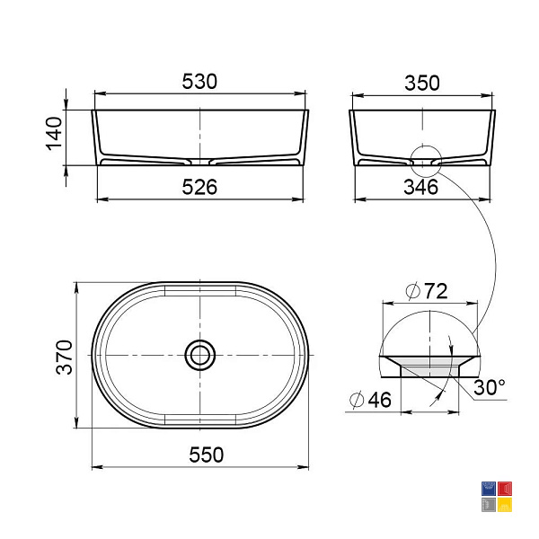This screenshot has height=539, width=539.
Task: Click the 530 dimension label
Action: click(x=199, y=82)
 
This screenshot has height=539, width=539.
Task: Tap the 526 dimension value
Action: click(x=199, y=188)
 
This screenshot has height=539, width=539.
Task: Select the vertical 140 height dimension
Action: click(x=54, y=134)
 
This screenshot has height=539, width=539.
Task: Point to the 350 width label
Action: click(x=422, y=84)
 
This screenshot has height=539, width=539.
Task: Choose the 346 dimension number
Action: click(x=421, y=188)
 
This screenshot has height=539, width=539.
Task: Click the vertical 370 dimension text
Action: click(x=65, y=357)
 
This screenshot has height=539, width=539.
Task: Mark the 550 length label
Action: click(x=207, y=455)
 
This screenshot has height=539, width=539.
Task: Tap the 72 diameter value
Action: click(x=436, y=291)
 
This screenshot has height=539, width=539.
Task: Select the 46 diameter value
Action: click(x=379, y=400)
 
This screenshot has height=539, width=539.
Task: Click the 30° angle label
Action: click(x=490, y=387)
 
